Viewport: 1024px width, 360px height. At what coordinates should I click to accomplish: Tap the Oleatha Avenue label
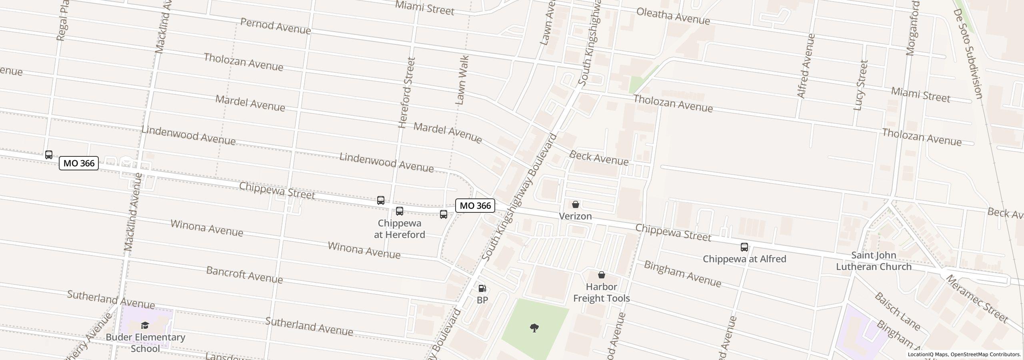673,16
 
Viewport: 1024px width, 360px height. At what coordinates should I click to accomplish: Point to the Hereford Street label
407,93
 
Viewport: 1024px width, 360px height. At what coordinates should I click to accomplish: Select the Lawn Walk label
462,80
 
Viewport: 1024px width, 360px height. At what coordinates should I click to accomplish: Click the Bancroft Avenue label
244,275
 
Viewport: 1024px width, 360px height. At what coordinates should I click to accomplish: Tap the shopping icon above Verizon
575,205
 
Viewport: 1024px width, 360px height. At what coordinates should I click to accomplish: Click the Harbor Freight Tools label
601,292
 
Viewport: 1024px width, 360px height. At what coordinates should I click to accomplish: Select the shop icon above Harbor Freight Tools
601,275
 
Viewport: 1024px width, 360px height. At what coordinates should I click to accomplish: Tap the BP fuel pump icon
482,288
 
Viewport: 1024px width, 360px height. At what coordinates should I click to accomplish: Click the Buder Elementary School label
145,343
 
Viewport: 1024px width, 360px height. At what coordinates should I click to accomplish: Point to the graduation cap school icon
145,326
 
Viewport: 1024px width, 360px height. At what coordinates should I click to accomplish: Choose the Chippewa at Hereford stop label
399,229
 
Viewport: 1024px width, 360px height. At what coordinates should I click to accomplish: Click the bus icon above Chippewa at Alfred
744,247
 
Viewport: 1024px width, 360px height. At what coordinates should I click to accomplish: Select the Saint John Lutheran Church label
874,261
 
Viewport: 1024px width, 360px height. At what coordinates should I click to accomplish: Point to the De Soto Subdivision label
968,54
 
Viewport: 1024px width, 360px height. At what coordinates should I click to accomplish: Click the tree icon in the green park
534,328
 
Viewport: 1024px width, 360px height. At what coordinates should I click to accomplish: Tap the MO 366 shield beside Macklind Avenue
79,163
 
